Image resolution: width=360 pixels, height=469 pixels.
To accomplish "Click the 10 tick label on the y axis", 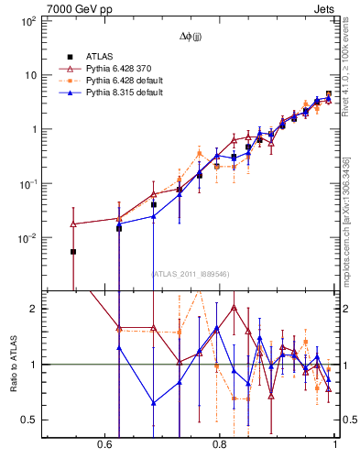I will tap(30, 75).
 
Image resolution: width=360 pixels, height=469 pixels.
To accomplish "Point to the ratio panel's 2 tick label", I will tap(33, 309).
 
